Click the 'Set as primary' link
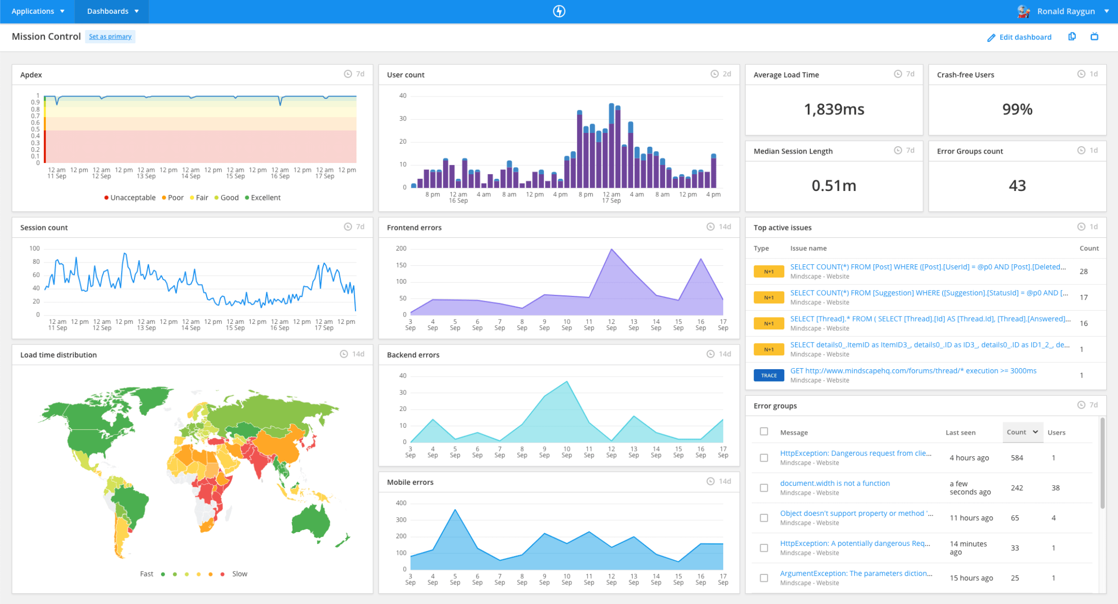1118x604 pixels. pyautogui.click(x=110, y=36)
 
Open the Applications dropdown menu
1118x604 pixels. pyautogui.click(x=38, y=11)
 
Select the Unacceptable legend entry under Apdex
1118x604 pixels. pyautogui.click(x=129, y=197)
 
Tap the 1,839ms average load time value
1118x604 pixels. pyautogui.click(x=833, y=109)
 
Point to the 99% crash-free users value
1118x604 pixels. pyautogui.click(x=1017, y=109)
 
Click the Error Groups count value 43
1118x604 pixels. pyautogui.click(x=1017, y=186)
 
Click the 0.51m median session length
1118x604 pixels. pyautogui.click(x=833, y=186)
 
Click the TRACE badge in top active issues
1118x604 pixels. pyautogui.click(x=768, y=375)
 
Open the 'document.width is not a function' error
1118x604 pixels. pyautogui.click(x=834, y=483)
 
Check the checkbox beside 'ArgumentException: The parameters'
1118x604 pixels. pyautogui.click(x=764, y=578)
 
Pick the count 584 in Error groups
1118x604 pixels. pyautogui.click(x=1017, y=458)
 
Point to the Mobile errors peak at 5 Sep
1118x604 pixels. pyautogui.click(x=455, y=510)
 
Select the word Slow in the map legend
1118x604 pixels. pyautogui.click(x=240, y=574)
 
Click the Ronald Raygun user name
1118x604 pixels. pyautogui.click(x=1065, y=11)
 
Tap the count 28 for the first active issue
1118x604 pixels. pyautogui.click(x=1083, y=271)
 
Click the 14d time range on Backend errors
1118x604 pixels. pyautogui.click(x=724, y=354)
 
